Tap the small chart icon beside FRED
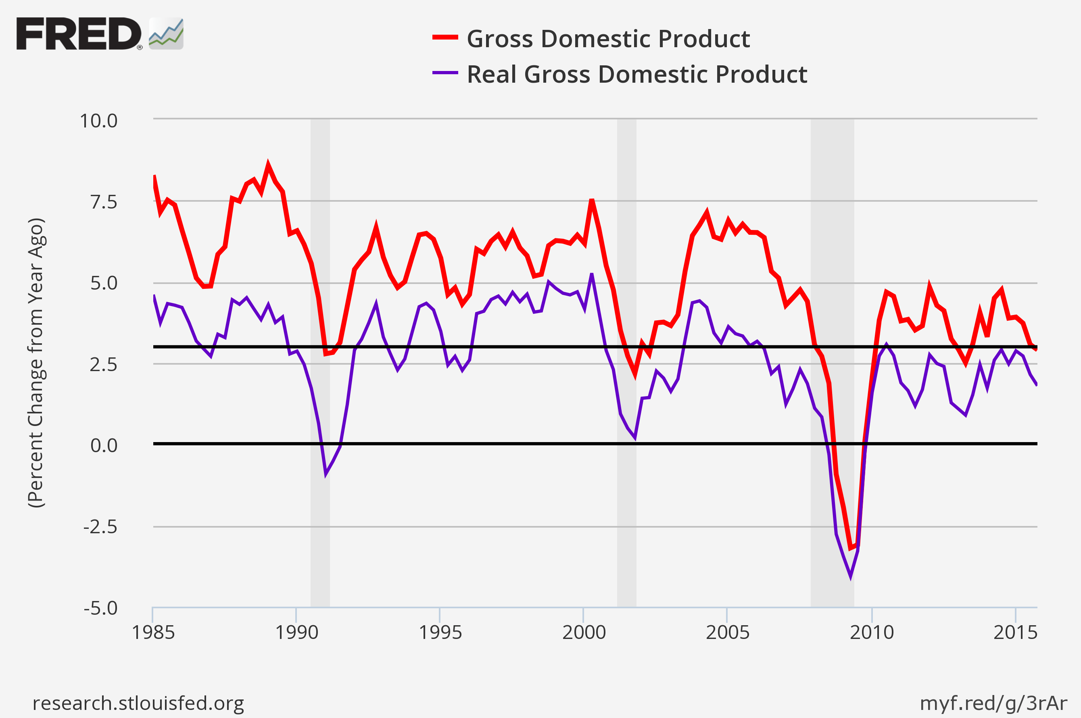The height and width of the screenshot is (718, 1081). [x=166, y=33]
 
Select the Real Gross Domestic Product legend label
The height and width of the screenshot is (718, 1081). [x=636, y=74]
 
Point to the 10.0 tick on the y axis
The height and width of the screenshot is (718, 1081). [x=98, y=121]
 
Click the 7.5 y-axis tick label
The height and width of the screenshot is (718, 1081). [x=104, y=202]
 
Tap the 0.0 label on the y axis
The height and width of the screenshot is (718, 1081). [x=104, y=445]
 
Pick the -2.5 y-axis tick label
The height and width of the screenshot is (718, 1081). [x=100, y=527]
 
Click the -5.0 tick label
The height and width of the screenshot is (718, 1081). [x=100, y=608]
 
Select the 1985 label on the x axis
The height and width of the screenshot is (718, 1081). [x=153, y=633]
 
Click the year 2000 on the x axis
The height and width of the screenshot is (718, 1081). [x=584, y=633]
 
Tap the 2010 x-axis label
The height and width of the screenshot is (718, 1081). [x=871, y=633]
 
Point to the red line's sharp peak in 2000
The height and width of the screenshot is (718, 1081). [x=592, y=200]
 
